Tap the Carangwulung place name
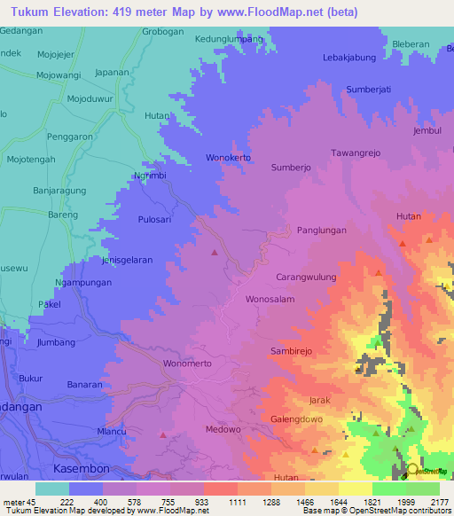[306, 277]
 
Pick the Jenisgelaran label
[134, 259]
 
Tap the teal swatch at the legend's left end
[51, 489]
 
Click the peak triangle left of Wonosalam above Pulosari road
[214, 254]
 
